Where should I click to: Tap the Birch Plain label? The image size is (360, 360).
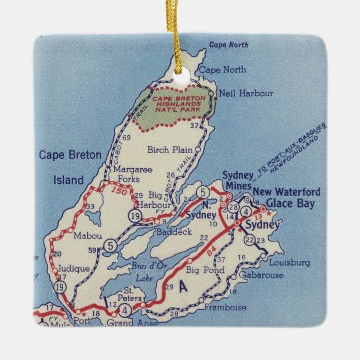tap(170, 150)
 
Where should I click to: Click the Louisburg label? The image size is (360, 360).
tap(289, 262)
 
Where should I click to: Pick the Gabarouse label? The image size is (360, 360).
tap(258, 276)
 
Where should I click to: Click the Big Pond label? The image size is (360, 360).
tap(205, 271)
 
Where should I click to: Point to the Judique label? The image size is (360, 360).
tap(74, 269)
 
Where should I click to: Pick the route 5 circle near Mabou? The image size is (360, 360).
tap(111, 244)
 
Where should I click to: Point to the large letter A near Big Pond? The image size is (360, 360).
tap(184, 287)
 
